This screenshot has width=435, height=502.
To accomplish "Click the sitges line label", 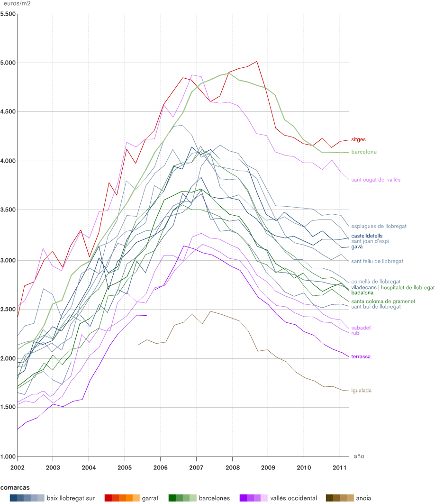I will (x=359, y=140).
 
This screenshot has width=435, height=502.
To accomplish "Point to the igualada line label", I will (x=361, y=391).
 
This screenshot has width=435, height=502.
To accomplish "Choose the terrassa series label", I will (x=361, y=357).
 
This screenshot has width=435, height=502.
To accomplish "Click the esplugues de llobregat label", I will (x=379, y=227).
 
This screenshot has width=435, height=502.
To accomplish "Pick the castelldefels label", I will (x=367, y=236).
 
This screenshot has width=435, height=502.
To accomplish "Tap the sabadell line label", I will (x=361, y=328).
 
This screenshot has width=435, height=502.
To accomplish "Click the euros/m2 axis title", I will (x=16, y=4).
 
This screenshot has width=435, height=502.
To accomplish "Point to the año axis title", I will (x=359, y=456).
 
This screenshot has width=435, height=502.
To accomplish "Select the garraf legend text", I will (x=150, y=498).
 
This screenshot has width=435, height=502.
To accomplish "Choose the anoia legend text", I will (x=363, y=498).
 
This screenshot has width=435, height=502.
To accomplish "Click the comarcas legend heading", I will (x=15, y=487).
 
